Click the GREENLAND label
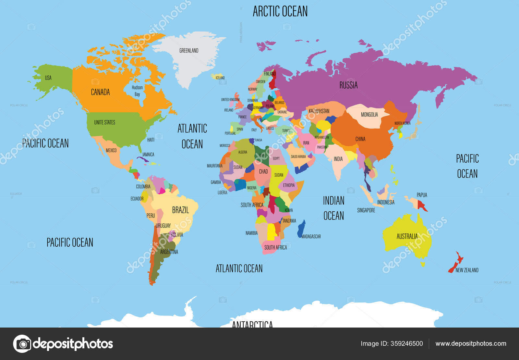[189, 51]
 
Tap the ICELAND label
[220, 78]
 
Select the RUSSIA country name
[348, 85]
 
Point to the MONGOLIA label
[369, 115]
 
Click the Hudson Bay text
[137, 91]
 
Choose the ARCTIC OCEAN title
[280, 12]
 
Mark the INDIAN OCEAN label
[333, 208]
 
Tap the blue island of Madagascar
[301, 229]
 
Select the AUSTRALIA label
[407, 237]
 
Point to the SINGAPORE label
[366, 210]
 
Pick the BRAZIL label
[180, 210]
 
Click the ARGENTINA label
[169, 252]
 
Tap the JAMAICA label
[148, 155]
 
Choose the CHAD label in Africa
[263, 171]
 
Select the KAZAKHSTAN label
[319, 111]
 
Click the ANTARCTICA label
[252, 324]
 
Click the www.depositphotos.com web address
[471, 344]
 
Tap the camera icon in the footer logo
[22, 344]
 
